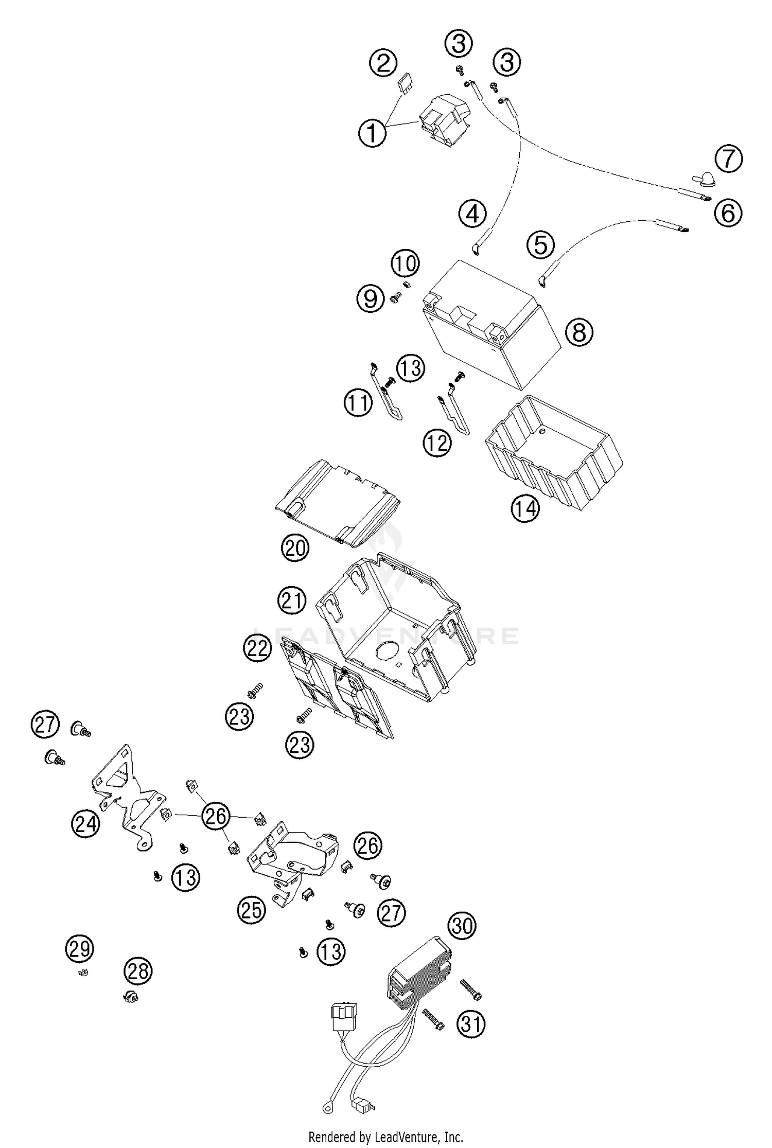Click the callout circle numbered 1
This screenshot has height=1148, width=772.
[x=372, y=133]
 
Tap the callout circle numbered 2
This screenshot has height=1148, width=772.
[x=383, y=64]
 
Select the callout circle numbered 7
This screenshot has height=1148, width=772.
[x=728, y=159]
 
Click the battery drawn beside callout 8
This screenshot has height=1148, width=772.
[x=489, y=324]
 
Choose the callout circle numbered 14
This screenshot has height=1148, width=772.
[x=525, y=509]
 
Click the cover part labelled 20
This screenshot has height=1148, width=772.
[x=337, y=502]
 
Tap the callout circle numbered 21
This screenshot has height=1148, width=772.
[x=292, y=600]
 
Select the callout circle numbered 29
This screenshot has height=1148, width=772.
[x=80, y=948]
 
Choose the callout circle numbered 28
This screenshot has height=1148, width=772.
[x=138, y=971]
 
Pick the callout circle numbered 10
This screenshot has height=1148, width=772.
[x=405, y=263]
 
